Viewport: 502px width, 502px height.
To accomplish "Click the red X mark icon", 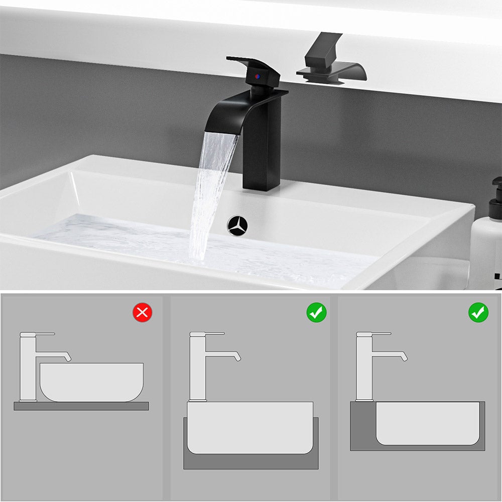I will tap(143, 313).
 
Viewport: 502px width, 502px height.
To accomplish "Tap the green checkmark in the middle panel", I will tap(317, 313).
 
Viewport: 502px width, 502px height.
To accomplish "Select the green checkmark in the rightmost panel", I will tap(478, 313).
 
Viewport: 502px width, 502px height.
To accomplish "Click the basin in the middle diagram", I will tap(250, 427).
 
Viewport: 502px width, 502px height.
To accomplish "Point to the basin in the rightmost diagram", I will tap(427, 422).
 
